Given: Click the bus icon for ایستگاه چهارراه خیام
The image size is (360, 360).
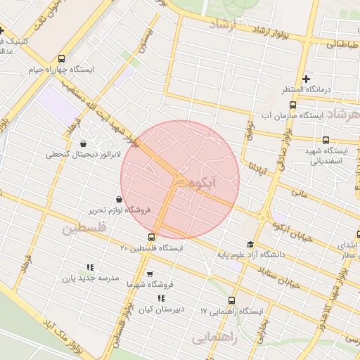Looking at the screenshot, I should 63,59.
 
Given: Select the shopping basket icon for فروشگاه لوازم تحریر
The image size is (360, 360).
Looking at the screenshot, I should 118,200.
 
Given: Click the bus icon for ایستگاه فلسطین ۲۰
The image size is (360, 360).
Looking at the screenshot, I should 152,237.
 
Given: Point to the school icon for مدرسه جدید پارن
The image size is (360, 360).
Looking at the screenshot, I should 89,267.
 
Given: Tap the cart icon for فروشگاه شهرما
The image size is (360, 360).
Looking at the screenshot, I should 149,274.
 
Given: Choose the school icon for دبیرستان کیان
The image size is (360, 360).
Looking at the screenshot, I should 161,298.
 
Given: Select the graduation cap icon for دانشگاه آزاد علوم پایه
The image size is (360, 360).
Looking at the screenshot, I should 250,244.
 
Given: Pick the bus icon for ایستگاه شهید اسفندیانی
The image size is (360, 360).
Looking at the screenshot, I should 326,140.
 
